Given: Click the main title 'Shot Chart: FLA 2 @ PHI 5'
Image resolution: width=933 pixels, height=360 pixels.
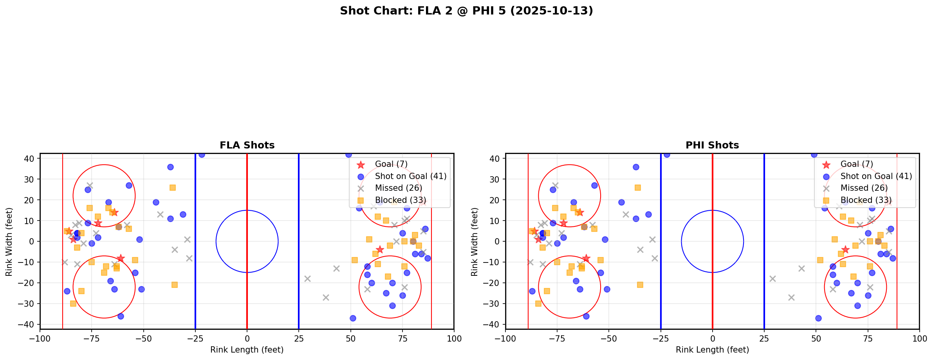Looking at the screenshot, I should click(466, 11).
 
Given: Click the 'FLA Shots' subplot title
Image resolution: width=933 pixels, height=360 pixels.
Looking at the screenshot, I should click(247, 145).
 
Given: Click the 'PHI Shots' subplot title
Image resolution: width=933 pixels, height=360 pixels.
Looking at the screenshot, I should click(712, 145).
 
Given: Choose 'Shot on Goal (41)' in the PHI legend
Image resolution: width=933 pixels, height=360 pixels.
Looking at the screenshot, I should click(876, 176).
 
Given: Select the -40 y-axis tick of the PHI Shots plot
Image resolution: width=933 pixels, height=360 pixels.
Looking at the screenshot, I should click(494, 324).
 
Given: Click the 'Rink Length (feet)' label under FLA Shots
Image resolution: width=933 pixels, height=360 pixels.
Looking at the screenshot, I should click(247, 350).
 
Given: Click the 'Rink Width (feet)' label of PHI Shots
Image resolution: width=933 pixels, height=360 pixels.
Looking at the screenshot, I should click(475, 242).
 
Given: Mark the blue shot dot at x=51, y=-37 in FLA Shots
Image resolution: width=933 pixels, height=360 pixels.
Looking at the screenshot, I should click(353, 318).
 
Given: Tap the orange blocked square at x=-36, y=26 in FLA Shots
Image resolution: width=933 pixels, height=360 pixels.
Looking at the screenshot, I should click(173, 188).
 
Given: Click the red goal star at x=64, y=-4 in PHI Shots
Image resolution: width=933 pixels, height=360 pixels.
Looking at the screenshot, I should click(845, 250).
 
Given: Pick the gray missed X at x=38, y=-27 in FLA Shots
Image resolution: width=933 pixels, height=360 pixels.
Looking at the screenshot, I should click(326, 297).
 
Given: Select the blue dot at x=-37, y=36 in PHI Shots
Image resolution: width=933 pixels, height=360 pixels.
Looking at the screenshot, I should click(636, 167).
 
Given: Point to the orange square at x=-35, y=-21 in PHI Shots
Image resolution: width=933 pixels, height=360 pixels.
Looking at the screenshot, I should click(640, 285).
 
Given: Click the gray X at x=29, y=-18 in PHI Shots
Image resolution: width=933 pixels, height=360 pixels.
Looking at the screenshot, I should click(772, 279).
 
